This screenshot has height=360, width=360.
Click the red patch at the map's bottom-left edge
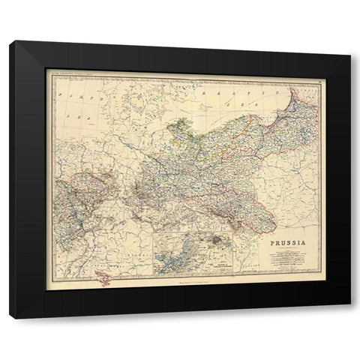tap(106, 280)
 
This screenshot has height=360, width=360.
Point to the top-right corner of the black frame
tap(350, 62)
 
